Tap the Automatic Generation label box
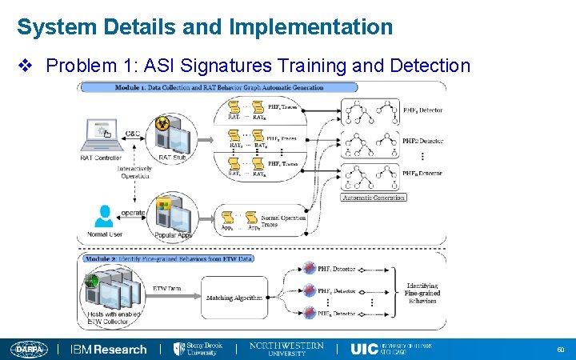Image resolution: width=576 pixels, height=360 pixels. coord(374,197)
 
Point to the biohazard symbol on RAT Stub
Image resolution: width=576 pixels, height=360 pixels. coord(162,122)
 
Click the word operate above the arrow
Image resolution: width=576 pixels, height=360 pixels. coord(133,213)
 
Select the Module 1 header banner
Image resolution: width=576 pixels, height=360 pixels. coord(220,87)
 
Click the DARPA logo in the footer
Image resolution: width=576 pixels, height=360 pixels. coord(30,350)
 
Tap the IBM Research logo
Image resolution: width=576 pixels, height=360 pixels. coord(109,350)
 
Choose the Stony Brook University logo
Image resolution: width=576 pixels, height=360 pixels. coord(198,349)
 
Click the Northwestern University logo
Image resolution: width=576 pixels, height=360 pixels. coord(286,349)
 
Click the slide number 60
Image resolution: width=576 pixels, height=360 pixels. coord(560,350)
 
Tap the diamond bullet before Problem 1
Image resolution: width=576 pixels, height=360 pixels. coord(26,65)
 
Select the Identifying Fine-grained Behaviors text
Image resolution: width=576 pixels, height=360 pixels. coord(422,294)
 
